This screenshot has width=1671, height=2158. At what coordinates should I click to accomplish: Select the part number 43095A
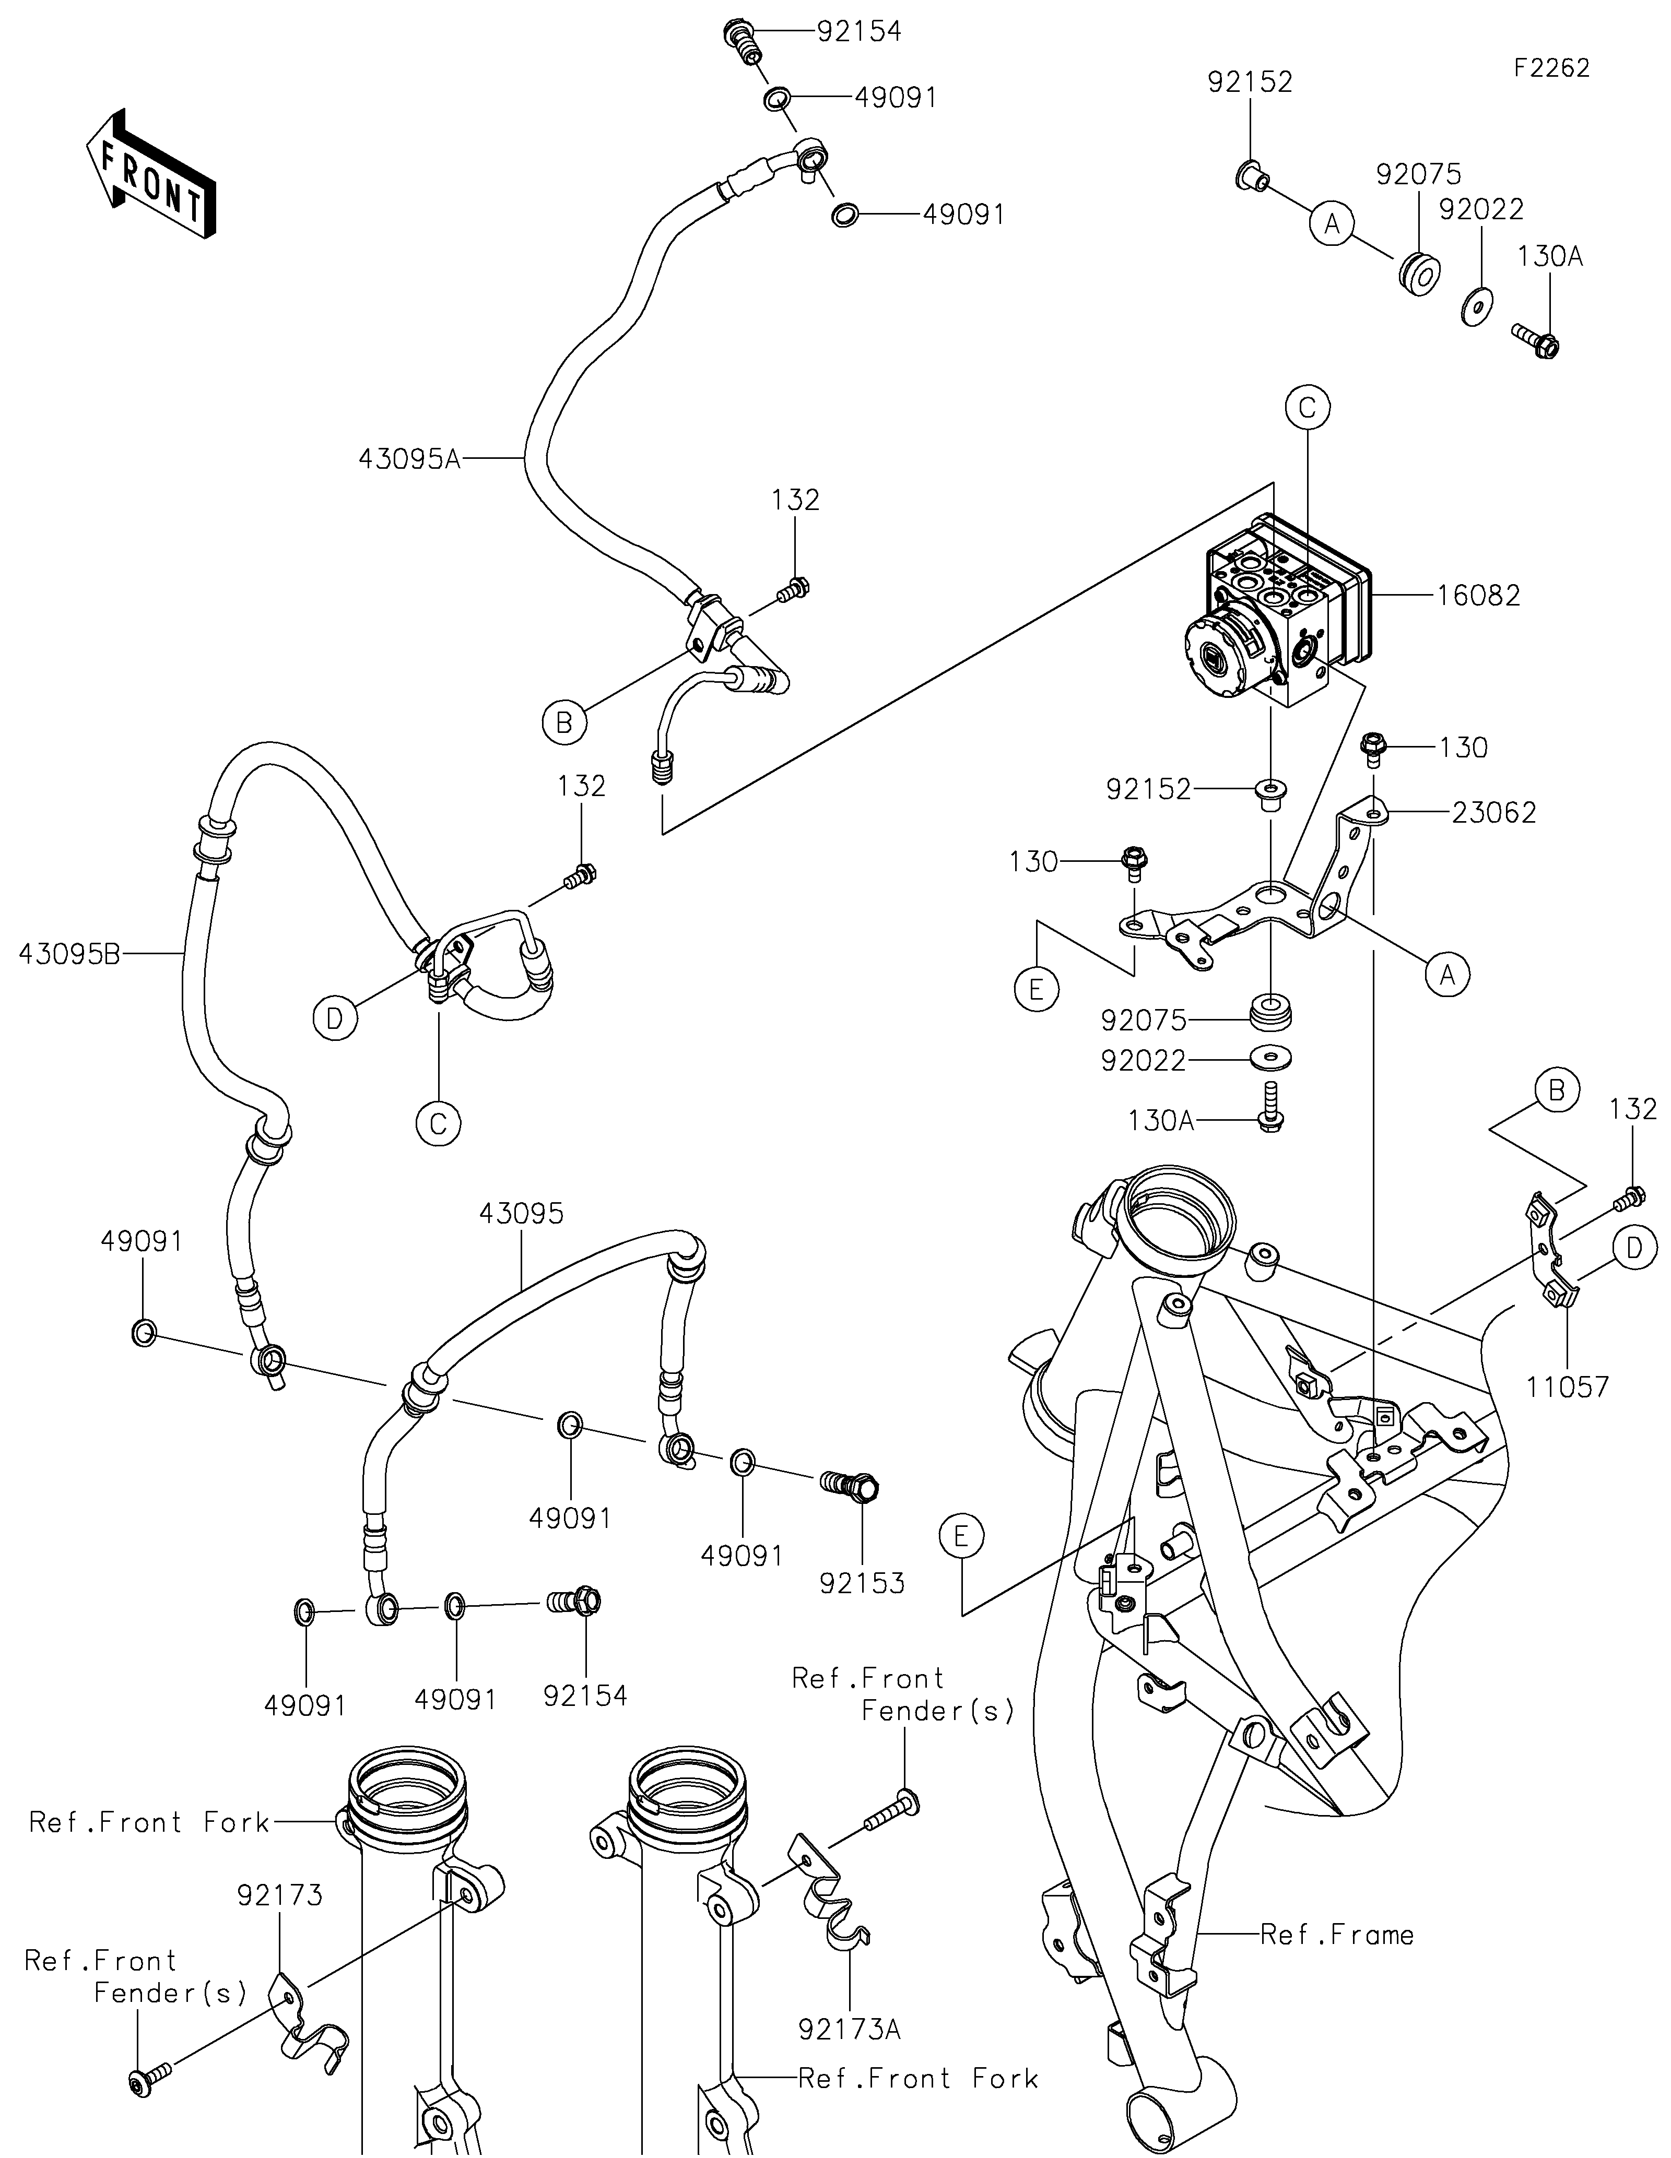coord(409,459)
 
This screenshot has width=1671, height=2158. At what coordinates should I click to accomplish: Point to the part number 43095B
coord(68,954)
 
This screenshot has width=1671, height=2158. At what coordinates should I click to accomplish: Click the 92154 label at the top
coord(858,32)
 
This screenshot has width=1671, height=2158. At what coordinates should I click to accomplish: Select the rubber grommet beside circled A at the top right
coord(1417,272)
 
